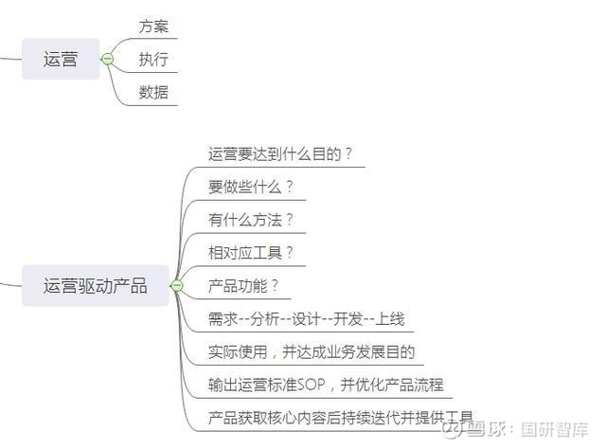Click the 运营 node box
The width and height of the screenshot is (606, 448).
(x=61, y=59)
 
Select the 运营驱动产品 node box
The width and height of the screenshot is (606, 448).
(x=95, y=286)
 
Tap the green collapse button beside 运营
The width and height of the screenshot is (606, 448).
(x=107, y=59)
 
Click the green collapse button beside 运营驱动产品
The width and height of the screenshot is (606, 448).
(x=177, y=286)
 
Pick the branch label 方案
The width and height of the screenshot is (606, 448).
(x=153, y=27)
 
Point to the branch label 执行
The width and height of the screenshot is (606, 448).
(x=153, y=59)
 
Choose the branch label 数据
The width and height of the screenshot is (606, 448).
(x=153, y=92)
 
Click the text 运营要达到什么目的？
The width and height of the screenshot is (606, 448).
(x=280, y=153)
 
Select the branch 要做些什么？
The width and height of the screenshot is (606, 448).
(x=251, y=187)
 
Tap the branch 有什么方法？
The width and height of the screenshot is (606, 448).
(x=251, y=220)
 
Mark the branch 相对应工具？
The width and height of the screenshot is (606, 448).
(x=251, y=253)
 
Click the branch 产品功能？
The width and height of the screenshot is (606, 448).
(x=243, y=286)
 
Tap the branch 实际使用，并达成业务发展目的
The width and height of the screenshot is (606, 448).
(x=312, y=351)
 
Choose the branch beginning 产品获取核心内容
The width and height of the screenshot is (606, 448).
(x=341, y=418)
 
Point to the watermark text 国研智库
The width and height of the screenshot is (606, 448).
(x=554, y=429)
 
